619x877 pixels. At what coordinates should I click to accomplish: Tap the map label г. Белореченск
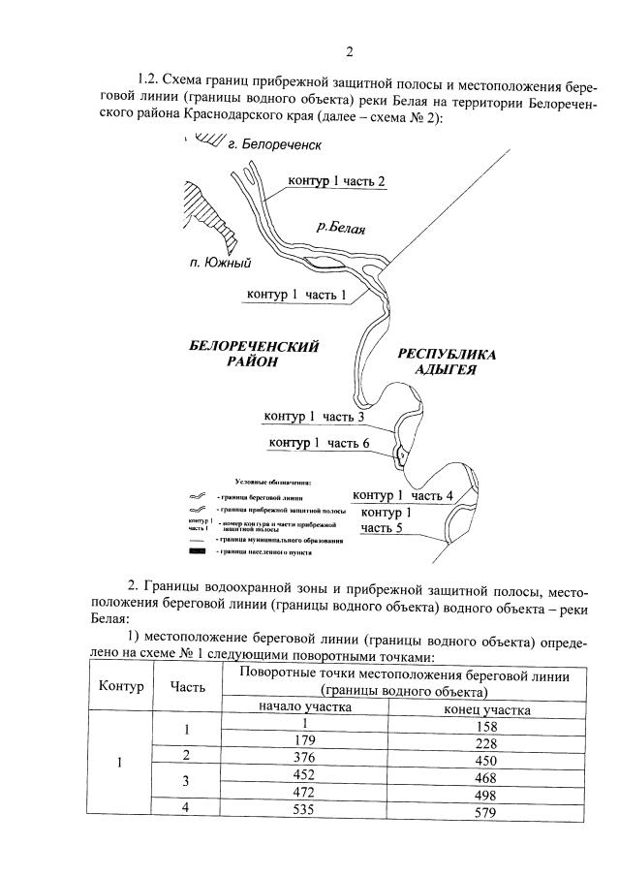pos(273,144)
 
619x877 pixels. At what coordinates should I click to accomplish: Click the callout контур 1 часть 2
pos(337,182)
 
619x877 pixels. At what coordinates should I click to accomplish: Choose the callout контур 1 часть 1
pos(295,294)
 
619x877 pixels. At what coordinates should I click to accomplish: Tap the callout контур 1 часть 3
pos(314,418)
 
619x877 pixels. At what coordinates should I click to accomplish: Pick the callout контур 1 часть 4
pos(403,495)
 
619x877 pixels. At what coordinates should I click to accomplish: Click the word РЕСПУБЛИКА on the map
pos(447,355)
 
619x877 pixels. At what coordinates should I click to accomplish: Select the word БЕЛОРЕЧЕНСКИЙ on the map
pos(253,346)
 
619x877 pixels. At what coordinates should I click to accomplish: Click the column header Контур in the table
pos(121,686)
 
